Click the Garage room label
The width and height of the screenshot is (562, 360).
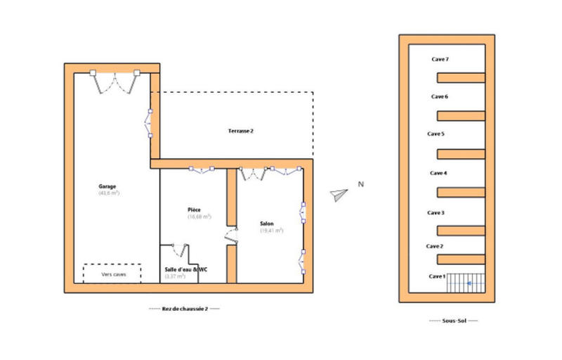(x=108, y=186)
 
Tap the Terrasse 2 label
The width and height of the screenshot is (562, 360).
(x=240, y=131)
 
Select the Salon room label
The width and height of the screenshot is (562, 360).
(x=268, y=224)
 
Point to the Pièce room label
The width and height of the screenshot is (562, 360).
(x=195, y=210)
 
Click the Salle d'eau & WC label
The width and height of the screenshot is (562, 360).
(x=185, y=269)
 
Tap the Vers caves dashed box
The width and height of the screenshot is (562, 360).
(x=112, y=274)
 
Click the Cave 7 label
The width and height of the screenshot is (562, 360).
(x=440, y=60)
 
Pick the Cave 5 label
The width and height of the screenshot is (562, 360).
(x=436, y=134)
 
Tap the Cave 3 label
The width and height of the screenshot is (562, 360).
(x=436, y=212)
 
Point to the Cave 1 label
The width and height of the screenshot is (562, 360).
(x=437, y=276)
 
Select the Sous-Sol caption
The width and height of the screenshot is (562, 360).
(x=453, y=321)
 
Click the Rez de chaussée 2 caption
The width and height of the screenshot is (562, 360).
(x=185, y=309)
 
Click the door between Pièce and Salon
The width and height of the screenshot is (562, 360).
(x=231, y=236)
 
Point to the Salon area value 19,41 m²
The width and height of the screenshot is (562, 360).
(x=271, y=231)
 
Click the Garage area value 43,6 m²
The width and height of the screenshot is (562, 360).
(x=109, y=193)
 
